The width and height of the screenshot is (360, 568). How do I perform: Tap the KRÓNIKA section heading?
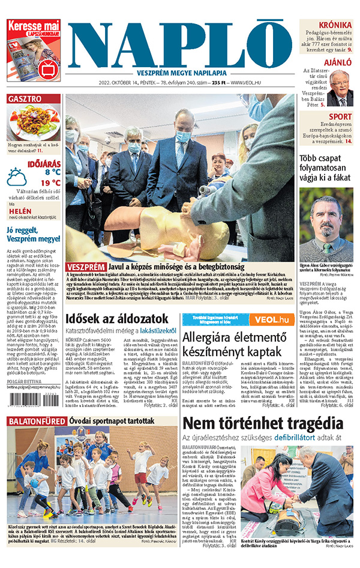(x=335, y=25)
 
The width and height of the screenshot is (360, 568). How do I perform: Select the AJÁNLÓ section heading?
(x=338, y=62)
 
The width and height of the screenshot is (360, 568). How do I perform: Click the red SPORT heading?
(x=340, y=116)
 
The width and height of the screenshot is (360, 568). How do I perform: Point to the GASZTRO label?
(x=25, y=99)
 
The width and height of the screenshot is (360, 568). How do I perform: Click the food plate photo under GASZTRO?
(x=34, y=122)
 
